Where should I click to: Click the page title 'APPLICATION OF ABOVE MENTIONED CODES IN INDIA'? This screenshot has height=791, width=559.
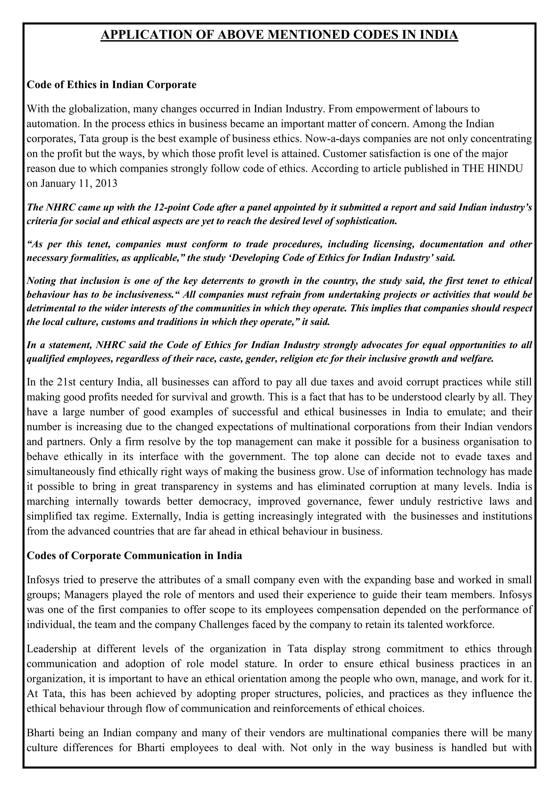[279, 35]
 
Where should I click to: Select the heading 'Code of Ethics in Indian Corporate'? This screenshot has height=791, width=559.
[112, 85]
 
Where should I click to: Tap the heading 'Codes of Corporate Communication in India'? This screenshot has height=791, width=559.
[134, 556]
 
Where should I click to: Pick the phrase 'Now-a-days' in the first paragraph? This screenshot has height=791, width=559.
[332, 139]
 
